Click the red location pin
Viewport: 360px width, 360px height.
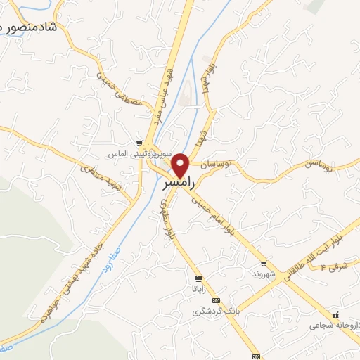click(x=181, y=165)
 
